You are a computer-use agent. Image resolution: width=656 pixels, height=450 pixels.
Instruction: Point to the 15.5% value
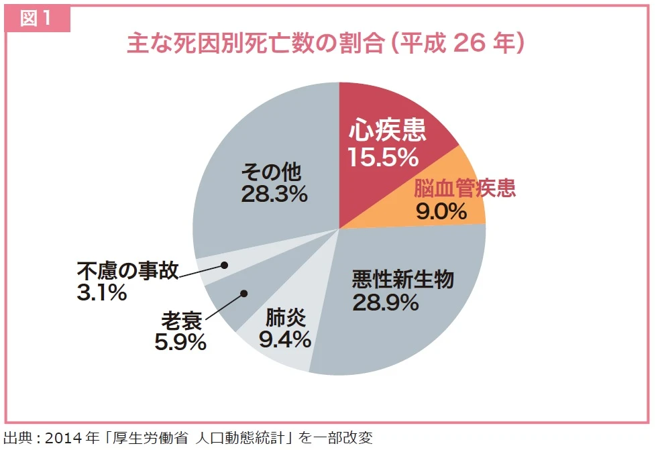point(382,158)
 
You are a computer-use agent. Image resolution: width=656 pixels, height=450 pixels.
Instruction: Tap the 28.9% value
point(385,303)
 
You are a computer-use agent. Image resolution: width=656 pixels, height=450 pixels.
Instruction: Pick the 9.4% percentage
point(284,339)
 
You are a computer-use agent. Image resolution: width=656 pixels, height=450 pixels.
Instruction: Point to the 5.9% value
point(180,343)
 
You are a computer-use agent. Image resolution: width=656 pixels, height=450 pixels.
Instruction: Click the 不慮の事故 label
point(127,270)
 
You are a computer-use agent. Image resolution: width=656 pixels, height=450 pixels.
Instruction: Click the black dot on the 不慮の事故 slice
point(224,266)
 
